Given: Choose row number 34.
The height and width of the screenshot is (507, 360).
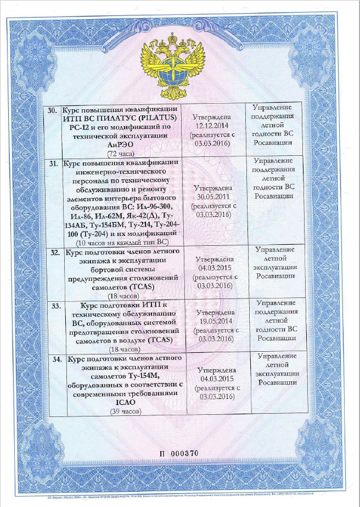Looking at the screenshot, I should (55, 358).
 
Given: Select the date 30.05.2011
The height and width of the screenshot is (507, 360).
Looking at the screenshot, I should (213, 196).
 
